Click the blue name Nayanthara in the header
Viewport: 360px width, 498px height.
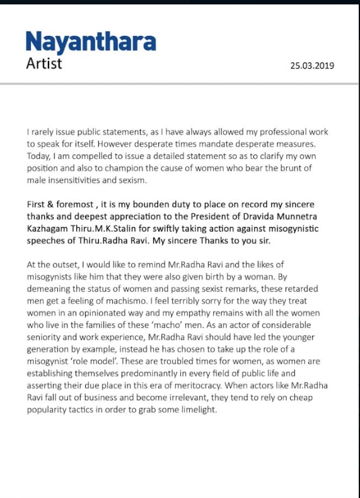click(x=91, y=43)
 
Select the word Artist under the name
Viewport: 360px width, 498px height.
click(x=44, y=63)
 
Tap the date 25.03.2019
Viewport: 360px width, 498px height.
click(x=312, y=66)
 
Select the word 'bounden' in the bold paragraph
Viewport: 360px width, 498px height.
click(x=142, y=205)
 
